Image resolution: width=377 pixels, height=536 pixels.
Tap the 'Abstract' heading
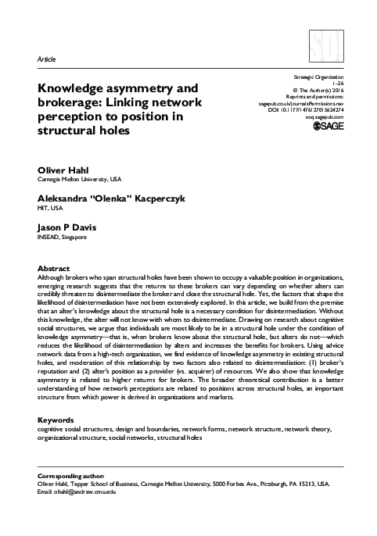pyautogui.click(x=54, y=268)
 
